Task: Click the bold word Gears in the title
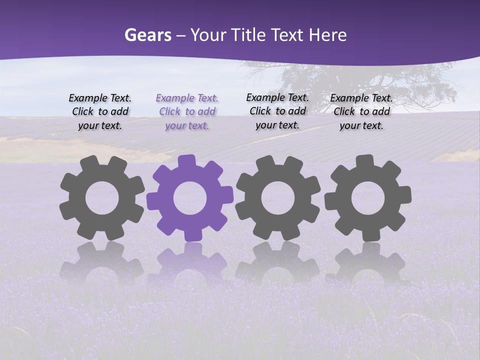tap(147, 35)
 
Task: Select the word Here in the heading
tap(327, 35)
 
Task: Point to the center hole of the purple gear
tap(189, 198)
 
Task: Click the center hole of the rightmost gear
tap(367, 198)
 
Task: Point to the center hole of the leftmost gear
tap(102, 198)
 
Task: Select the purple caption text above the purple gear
tap(187, 112)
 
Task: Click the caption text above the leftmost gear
tap(100, 112)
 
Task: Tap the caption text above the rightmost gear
tap(361, 112)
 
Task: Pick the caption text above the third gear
tap(277, 111)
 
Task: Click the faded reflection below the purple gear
tap(189, 260)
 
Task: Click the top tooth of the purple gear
tap(187, 161)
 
